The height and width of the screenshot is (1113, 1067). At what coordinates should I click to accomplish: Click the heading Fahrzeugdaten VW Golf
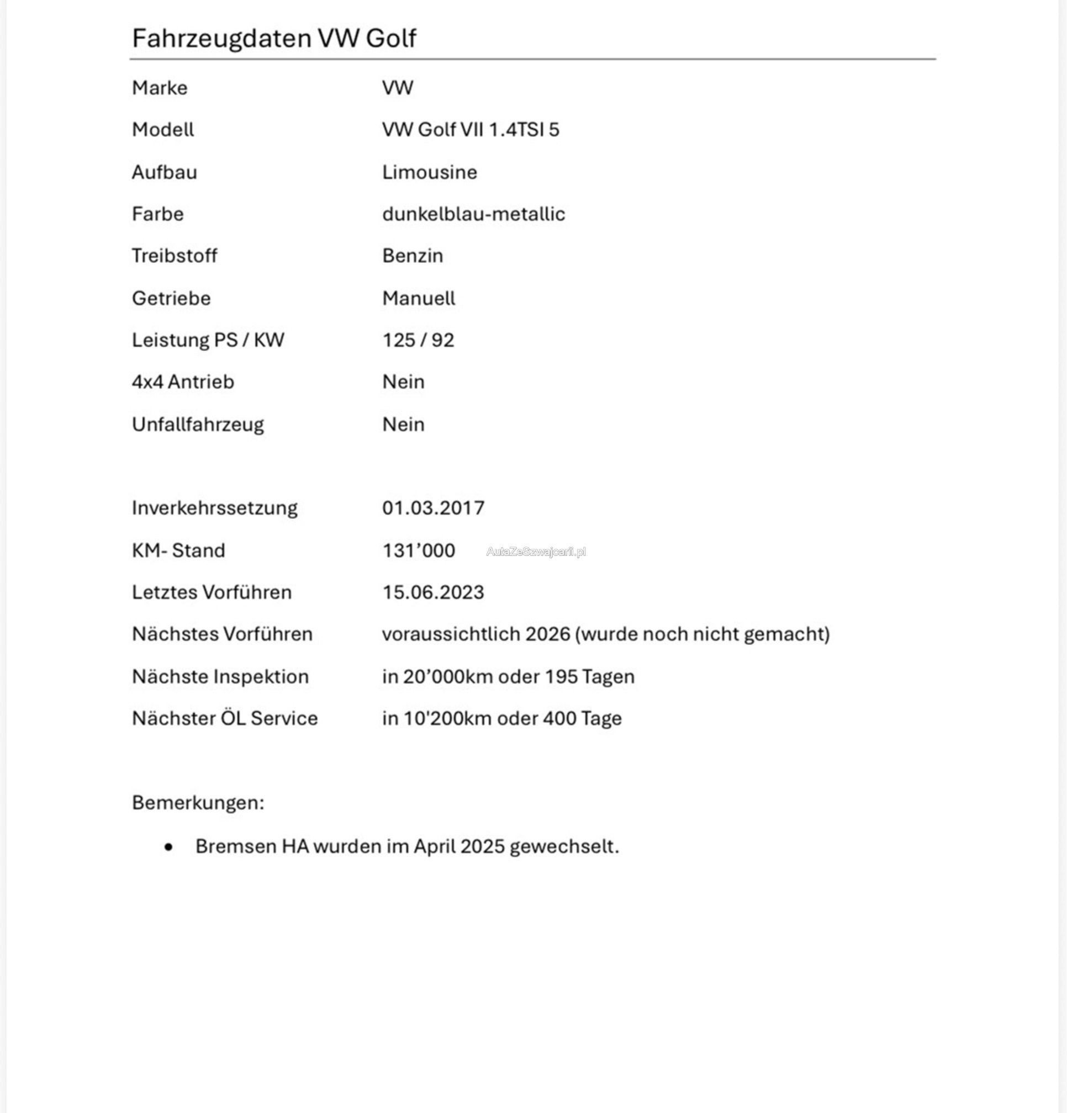point(274,39)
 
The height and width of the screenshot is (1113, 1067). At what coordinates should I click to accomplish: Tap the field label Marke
point(160,88)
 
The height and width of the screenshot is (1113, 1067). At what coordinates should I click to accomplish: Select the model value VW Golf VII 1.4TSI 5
point(471,130)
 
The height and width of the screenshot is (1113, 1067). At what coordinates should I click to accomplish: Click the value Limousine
point(430,172)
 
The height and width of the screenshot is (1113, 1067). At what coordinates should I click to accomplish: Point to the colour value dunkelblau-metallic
point(473,214)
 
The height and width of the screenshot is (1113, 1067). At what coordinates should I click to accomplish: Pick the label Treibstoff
point(175,256)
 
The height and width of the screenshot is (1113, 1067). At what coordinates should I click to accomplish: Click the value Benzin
point(413,256)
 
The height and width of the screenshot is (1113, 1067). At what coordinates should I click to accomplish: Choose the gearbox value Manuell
point(419,298)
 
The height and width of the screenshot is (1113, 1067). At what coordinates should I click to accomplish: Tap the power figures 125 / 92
point(418,340)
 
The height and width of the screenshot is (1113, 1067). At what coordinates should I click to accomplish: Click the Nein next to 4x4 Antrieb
point(403,382)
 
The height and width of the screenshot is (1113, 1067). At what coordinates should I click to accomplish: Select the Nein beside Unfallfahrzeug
point(403,424)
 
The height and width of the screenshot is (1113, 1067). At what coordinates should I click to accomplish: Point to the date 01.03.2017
point(433,508)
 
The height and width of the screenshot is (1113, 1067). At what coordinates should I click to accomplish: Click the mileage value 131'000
point(419,550)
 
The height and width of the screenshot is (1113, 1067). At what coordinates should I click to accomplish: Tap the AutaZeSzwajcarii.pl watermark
point(536,552)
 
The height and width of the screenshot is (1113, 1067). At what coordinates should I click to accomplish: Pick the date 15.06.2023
point(433,592)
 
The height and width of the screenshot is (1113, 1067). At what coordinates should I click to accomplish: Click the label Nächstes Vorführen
point(222,634)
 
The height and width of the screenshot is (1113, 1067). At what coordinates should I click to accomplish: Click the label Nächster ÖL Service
point(224,718)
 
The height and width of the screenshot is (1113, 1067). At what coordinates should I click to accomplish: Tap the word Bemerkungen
point(198,803)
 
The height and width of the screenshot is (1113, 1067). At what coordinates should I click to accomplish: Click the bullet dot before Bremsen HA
point(168,848)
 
